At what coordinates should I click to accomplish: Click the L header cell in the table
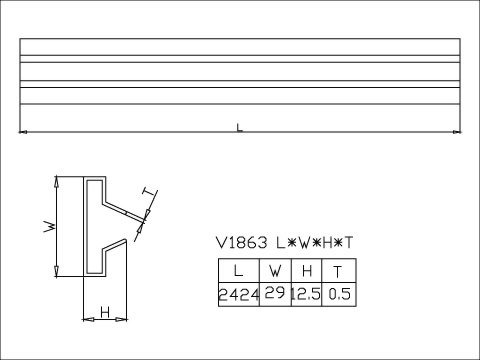click(238, 271)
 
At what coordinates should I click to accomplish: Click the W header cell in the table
click(274, 271)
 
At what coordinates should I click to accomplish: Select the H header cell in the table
click(306, 271)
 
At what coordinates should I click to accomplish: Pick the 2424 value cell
click(238, 295)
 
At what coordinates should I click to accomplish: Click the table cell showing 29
click(274, 293)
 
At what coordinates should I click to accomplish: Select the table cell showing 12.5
click(306, 295)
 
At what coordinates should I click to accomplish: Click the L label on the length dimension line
click(238, 127)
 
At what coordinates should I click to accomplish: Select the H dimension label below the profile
click(104, 313)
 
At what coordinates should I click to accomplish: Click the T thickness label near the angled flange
click(150, 192)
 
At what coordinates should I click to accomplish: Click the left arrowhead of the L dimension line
click(24, 132)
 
